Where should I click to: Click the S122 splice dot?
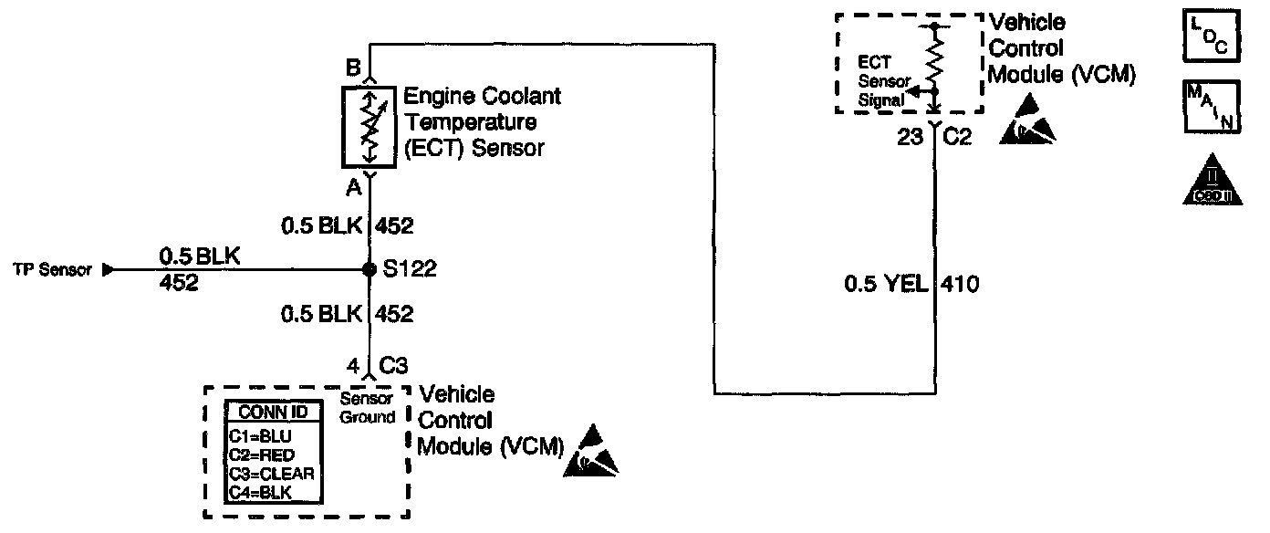pyautogui.click(x=370, y=270)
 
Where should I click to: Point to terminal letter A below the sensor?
pyautogui.click(x=353, y=187)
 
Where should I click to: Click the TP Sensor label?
pyautogui.click(x=51, y=270)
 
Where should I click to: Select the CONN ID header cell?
pyautogui.click(x=272, y=413)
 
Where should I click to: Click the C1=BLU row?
pyautogui.click(x=261, y=436)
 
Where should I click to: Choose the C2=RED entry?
pyautogui.click(x=262, y=455)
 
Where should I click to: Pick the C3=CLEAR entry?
pyautogui.click(x=271, y=474)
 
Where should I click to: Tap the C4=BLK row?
pyautogui.click(x=261, y=493)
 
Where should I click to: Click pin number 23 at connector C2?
pyautogui.click(x=911, y=139)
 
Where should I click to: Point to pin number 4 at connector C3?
pyautogui.click(x=352, y=367)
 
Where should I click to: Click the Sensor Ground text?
pyautogui.click(x=368, y=409)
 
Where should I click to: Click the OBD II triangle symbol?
pyautogui.click(x=1212, y=179)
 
